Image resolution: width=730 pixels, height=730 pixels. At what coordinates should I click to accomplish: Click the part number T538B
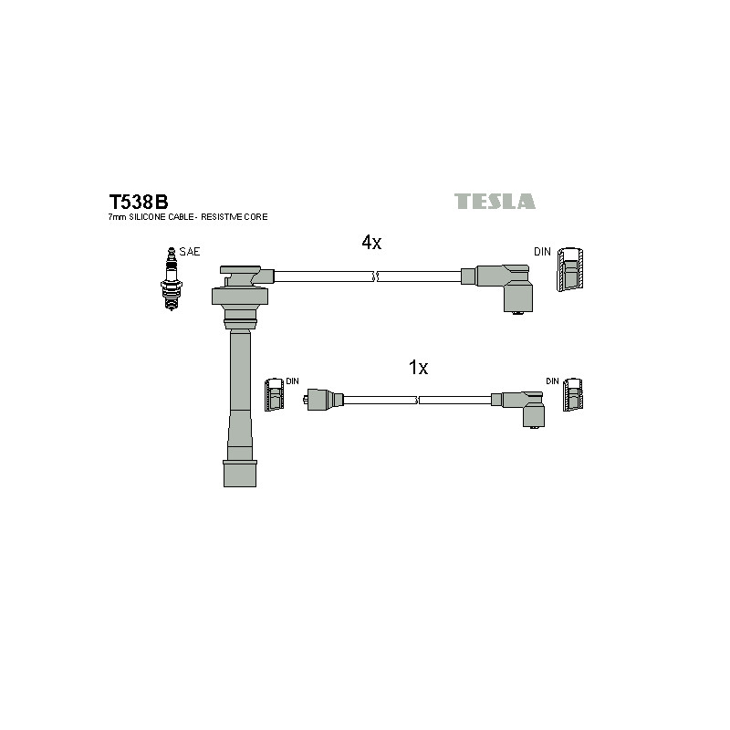click(x=139, y=202)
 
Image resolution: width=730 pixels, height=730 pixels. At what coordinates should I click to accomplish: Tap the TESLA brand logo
click(x=495, y=201)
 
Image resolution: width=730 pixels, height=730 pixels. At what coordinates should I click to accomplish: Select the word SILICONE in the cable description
click(x=147, y=217)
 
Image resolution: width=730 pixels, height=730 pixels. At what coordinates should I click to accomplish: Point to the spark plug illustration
click(x=171, y=278)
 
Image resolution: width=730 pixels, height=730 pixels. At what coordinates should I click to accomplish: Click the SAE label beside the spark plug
click(x=190, y=252)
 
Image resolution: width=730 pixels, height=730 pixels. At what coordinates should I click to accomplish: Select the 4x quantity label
click(x=371, y=242)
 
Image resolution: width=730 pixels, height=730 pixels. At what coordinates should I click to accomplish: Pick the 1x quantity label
click(x=418, y=368)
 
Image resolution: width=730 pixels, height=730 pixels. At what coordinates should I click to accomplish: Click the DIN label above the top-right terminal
click(x=542, y=252)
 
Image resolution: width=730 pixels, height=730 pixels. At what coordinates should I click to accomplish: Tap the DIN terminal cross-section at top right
click(x=570, y=269)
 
